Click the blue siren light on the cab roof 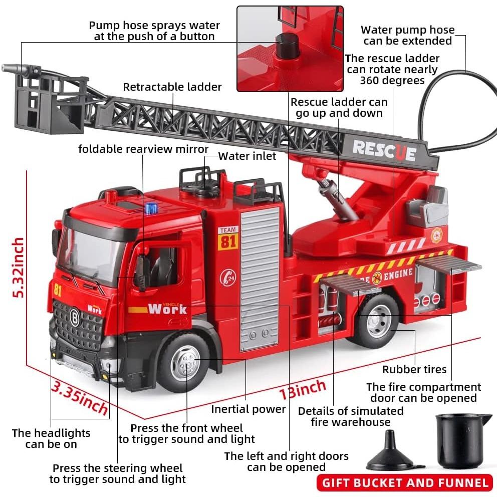pos(151,208)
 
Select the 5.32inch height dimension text pos(18,268)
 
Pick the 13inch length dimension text pos(302,390)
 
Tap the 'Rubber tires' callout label pos(414,369)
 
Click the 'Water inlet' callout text pos(247,156)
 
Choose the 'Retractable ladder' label pos(172,87)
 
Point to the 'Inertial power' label pos(248,409)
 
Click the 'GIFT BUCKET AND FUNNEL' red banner pos(405,483)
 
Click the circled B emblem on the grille pos(75,318)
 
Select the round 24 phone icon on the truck pos(227,278)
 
